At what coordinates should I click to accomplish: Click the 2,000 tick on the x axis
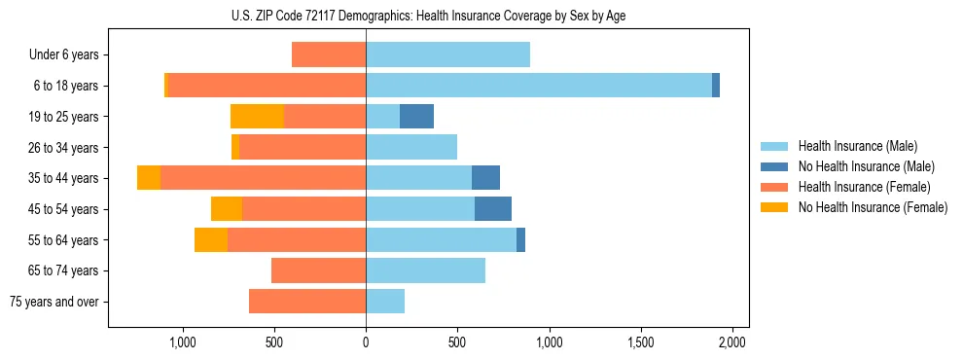731,342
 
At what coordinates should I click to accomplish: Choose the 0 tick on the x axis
366,342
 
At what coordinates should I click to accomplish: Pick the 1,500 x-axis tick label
640,342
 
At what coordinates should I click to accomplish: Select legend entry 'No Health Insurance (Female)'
873,207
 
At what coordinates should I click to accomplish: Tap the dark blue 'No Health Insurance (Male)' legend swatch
774,166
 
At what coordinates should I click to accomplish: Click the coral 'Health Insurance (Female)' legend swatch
774,187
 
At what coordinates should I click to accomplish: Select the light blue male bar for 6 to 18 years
538,86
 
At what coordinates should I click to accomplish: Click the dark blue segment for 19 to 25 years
416,117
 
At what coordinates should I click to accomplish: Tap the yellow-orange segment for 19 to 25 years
257,117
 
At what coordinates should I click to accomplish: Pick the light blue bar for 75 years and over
385,302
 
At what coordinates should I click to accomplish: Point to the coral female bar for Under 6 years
329,54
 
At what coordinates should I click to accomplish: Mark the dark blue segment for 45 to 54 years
493,209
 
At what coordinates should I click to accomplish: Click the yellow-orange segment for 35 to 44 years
149,178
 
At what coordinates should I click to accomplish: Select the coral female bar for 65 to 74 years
318,270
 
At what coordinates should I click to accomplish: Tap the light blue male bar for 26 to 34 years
411,147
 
